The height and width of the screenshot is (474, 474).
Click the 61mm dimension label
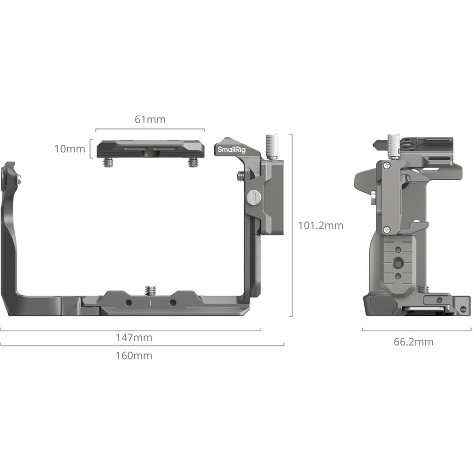coord(150,119)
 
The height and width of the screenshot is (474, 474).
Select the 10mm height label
coord(70,149)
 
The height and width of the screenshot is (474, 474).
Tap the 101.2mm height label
coord(320,226)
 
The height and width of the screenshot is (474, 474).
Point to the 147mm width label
coord(134,338)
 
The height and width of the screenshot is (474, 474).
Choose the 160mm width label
coord(134,355)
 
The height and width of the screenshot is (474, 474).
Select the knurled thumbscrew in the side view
coord(393,147)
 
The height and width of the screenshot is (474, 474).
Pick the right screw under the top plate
coord(192,162)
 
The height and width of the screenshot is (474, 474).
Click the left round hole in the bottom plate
coord(128,303)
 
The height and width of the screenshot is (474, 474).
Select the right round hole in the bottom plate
coord(173,303)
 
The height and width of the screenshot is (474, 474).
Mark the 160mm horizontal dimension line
coord(142,346)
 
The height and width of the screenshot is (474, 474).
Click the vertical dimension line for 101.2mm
coord(292,225)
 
